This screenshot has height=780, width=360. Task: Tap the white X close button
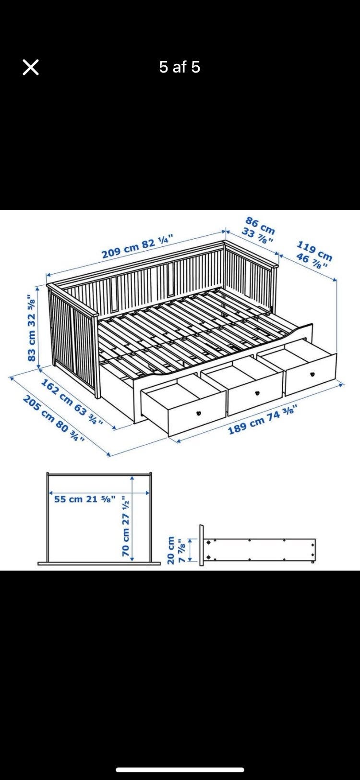(x=31, y=67)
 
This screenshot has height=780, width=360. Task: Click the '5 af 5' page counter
(x=180, y=67)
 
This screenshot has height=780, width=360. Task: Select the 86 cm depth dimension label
(x=261, y=225)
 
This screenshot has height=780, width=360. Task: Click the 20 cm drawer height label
(x=170, y=550)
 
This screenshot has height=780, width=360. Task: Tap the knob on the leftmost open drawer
(x=199, y=414)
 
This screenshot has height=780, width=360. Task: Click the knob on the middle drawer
(x=257, y=393)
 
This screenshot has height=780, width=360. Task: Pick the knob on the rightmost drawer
(x=312, y=374)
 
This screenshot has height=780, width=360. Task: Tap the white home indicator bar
(x=180, y=770)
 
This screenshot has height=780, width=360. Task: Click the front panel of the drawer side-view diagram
(x=202, y=545)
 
